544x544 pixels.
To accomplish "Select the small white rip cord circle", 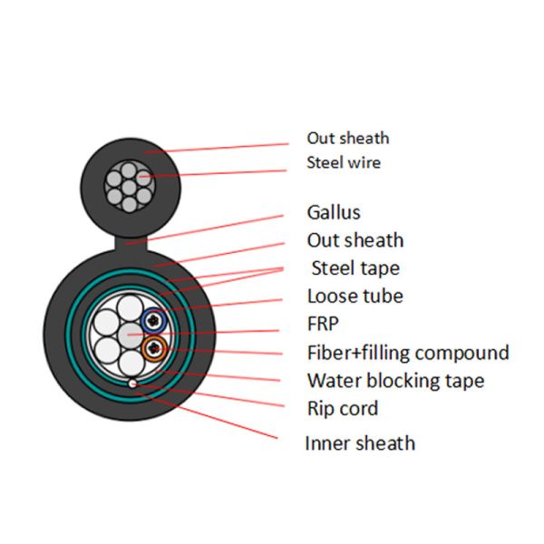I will (x=132, y=384).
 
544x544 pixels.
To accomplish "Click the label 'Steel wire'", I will (x=344, y=163).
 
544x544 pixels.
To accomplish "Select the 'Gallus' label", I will (x=334, y=213).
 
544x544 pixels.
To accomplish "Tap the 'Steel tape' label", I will (x=355, y=268).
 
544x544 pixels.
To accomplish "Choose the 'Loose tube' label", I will (x=355, y=296).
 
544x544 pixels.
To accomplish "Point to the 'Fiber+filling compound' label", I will (x=408, y=353).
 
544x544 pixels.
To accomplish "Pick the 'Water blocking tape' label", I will (x=395, y=381).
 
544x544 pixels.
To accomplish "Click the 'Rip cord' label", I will (x=343, y=408).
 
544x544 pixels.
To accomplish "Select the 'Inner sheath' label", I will (x=360, y=443).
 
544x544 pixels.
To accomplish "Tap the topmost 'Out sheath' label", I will (x=347, y=139).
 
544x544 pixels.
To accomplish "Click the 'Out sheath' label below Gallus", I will (x=355, y=240).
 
